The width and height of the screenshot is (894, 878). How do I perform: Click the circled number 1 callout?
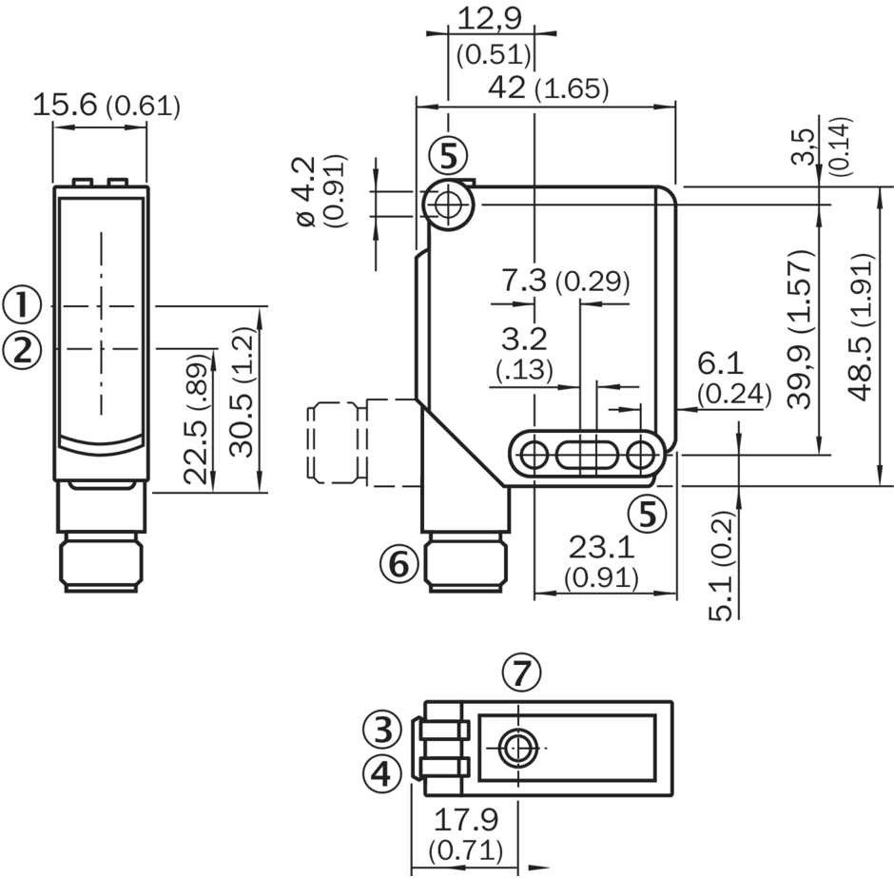(22, 305)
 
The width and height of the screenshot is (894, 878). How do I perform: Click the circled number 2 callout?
(22, 350)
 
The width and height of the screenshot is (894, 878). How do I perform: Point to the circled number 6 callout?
(399, 564)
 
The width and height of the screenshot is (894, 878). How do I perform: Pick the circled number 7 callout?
(521, 673)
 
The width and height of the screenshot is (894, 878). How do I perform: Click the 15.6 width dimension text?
(65, 106)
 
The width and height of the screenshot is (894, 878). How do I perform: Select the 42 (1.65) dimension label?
(549, 88)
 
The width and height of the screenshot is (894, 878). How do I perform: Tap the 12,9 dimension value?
(490, 19)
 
